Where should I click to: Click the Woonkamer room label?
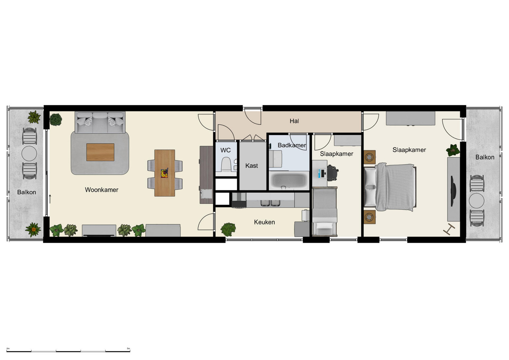tap(101, 190)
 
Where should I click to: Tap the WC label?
tap(225, 150)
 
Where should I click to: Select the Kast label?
tap(251, 166)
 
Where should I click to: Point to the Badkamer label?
tap(291, 145)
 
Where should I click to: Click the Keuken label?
tap(264, 222)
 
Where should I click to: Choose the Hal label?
tap(294, 121)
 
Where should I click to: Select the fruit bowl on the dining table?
tap(164, 173)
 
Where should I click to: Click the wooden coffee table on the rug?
tap(100, 152)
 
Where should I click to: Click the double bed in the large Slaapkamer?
tap(390, 187)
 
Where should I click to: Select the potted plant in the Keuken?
tap(228, 229)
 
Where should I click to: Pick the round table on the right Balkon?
tap(477, 200)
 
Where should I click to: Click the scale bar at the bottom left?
tap(68, 351)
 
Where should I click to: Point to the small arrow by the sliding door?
tap(50, 199)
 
